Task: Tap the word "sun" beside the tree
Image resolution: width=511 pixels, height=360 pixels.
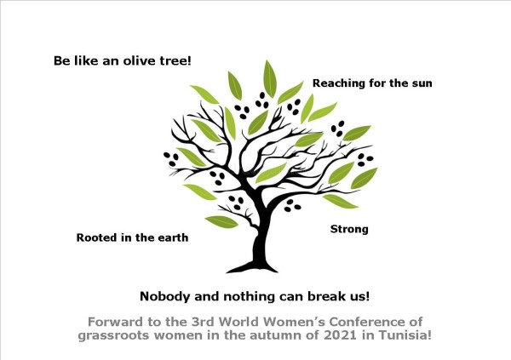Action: tap(422, 83)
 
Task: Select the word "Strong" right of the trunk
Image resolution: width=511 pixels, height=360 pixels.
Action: tap(349, 229)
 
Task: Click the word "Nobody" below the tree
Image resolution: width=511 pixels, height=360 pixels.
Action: tap(165, 296)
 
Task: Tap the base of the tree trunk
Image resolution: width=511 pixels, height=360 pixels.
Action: tap(253, 268)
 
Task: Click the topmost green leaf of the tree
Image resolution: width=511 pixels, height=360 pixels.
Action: tap(270, 79)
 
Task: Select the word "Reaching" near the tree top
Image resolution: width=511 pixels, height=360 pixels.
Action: tap(339, 83)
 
